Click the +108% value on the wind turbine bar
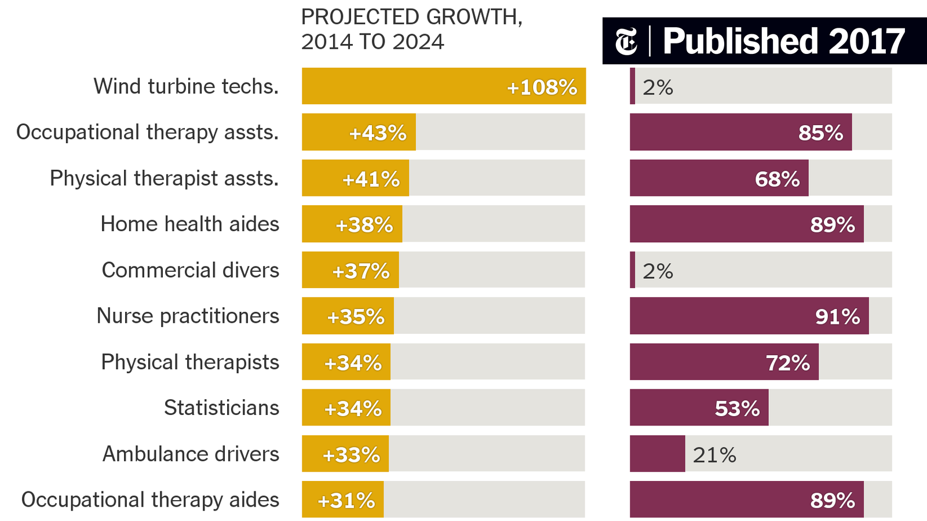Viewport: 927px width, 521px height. click(x=542, y=87)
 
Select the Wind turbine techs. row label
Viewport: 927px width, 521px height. click(x=186, y=86)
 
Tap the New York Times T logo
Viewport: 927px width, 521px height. click(x=626, y=42)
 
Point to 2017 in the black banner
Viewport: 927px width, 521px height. click(x=867, y=41)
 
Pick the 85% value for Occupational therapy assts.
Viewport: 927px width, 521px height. click(x=820, y=133)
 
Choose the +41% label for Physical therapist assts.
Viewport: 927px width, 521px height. click(x=371, y=179)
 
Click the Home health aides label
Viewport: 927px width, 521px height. click(x=189, y=224)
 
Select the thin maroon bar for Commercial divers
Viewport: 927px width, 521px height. click(x=633, y=270)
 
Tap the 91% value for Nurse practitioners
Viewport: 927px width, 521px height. click(x=837, y=316)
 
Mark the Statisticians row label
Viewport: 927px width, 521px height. click(x=221, y=408)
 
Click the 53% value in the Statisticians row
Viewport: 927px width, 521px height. click(x=737, y=409)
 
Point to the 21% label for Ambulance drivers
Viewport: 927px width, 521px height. click(x=714, y=455)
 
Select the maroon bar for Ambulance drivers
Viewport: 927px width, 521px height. click(x=657, y=454)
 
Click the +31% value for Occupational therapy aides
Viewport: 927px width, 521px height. click(x=346, y=500)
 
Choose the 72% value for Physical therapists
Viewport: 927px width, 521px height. click(x=788, y=363)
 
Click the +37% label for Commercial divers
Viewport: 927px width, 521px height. click(x=360, y=271)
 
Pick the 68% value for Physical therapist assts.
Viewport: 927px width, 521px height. click(x=777, y=179)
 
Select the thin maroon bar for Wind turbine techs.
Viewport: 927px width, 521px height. click(x=633, y=86)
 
